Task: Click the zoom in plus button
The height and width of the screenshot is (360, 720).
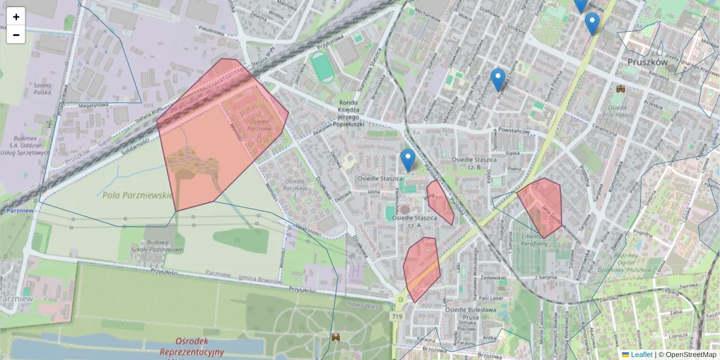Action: tap(16, 17)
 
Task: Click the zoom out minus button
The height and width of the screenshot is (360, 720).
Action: tap(16, 35)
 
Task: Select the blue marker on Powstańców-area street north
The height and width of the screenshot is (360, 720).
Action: tap(497, 79)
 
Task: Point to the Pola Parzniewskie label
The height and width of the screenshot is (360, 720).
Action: tap(137, 195)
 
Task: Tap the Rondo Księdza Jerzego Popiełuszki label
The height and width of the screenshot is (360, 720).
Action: tap(349, 110)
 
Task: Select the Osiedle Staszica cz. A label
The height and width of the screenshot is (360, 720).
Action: tap(414, 221)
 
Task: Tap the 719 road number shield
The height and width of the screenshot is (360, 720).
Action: tap(397, 316)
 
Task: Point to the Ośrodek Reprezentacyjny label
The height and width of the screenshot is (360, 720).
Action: tap(191, 346)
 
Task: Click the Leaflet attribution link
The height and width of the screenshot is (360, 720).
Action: tap(641, 355)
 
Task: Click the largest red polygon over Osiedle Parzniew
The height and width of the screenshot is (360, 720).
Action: tap(216, 135)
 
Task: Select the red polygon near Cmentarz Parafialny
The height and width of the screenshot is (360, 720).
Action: tap(541, 205)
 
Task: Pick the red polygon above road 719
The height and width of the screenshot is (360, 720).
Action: tap(421, 268)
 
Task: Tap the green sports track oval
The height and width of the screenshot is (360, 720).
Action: tap(323, 67)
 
